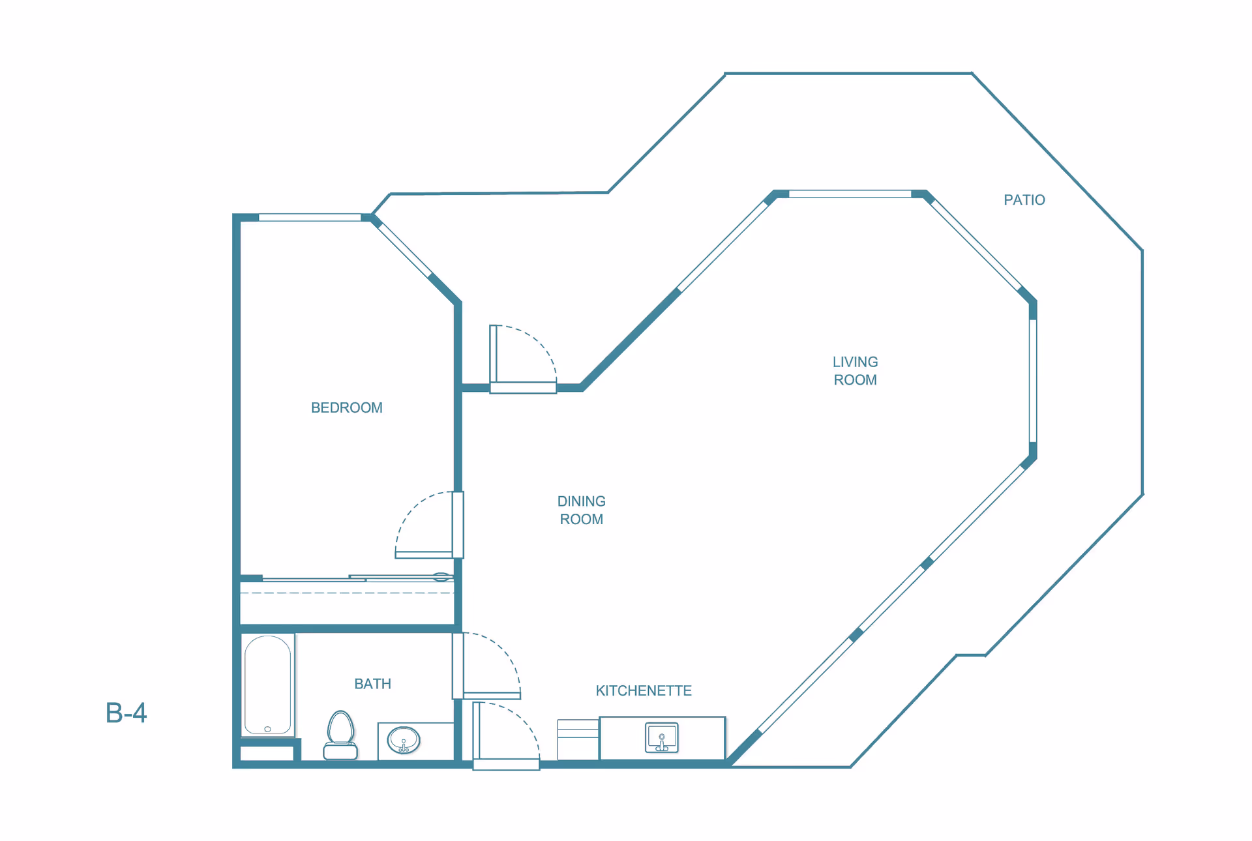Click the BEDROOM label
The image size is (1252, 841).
coord(346,407)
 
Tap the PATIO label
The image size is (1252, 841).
coord(1024,200)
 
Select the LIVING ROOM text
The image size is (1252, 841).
coord(855,371)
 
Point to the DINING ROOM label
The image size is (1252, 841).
coord(581,510)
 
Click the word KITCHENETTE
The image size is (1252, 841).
coord(644,691)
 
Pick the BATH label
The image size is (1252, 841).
coord(372,684)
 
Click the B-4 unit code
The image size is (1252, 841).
coord(126,713)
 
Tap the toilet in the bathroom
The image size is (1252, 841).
coord(340,735)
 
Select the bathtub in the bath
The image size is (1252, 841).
coord(267,685)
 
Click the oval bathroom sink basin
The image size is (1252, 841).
coord(404,741)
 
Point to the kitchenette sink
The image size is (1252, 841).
coord(662,738)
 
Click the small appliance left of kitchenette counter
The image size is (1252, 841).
coord(578,740)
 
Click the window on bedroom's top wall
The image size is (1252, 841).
coord(310,218)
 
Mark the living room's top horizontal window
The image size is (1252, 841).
coord(850,194)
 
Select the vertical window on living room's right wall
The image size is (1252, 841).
coord(1033,381)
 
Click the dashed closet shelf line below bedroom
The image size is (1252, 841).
coord(347,593)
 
